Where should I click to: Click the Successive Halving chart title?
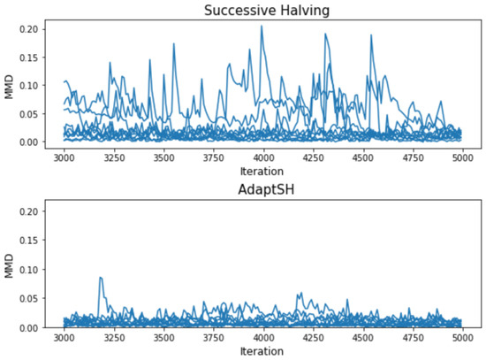point(262,11)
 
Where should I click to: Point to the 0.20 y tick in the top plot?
point(29,28)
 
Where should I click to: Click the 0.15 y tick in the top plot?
point(29,57)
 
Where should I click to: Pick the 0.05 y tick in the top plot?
point(29,113)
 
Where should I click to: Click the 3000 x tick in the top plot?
point(65,157)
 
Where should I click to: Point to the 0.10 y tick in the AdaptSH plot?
point(29,270)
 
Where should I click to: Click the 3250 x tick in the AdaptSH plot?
point(114,338)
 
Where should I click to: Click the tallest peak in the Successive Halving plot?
point(261,27)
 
